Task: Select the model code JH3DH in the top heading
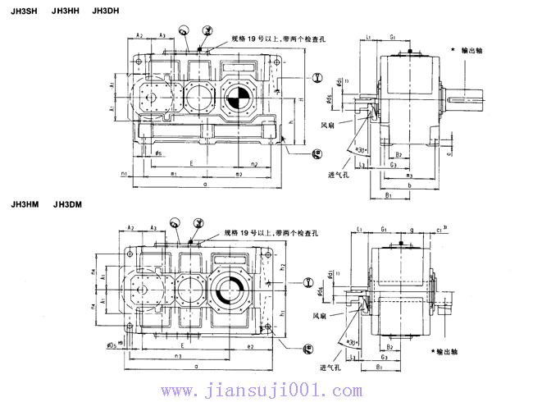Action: (x=106, y=11)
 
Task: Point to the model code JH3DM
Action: (x=69, y=203)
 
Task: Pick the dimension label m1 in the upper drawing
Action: (x=174, y=174)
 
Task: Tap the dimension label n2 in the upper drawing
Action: (x=255, y=165)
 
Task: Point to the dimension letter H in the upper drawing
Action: (x=301, y=99)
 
